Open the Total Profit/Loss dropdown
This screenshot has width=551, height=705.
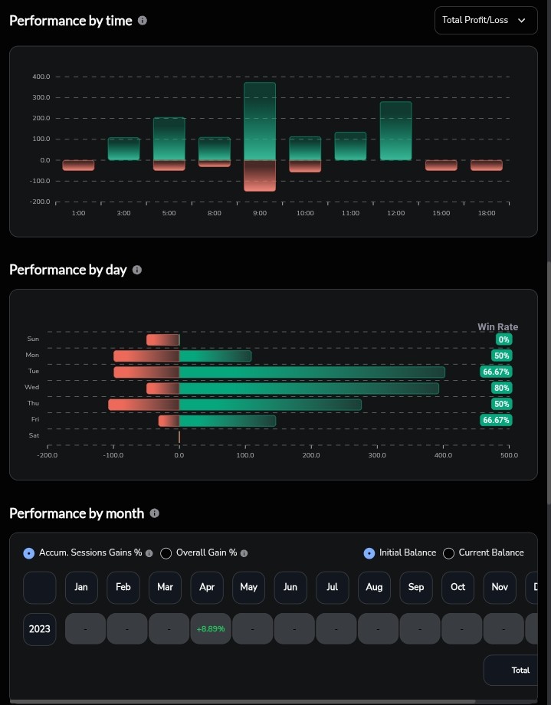pos(486,20)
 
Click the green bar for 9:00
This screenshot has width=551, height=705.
pos(260,121)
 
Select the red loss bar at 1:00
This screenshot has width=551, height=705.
pos(78,166)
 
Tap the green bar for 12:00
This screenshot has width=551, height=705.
pos(396,131)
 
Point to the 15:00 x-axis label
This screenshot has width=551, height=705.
pos(441,213)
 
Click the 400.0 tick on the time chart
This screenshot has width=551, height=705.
pos(41,77)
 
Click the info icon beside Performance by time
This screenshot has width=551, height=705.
pos(142,21)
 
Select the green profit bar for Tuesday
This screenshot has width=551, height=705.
pos(312,372)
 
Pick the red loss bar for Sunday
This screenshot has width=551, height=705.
pos(162,340)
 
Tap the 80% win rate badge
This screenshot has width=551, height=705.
pos(501,388)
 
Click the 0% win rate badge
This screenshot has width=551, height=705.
pos(503,339)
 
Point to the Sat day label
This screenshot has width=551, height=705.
pos(34,435)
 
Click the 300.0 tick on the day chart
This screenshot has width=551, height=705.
pos(377,455)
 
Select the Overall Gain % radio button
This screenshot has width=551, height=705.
pos(166,553)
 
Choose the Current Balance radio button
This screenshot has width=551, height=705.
pos(448,553)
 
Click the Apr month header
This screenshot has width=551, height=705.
pos(207,587)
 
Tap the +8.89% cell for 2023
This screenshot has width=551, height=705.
pos(211,628)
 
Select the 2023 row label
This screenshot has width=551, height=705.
pos(40,629)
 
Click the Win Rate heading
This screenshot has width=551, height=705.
pos(497,327)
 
